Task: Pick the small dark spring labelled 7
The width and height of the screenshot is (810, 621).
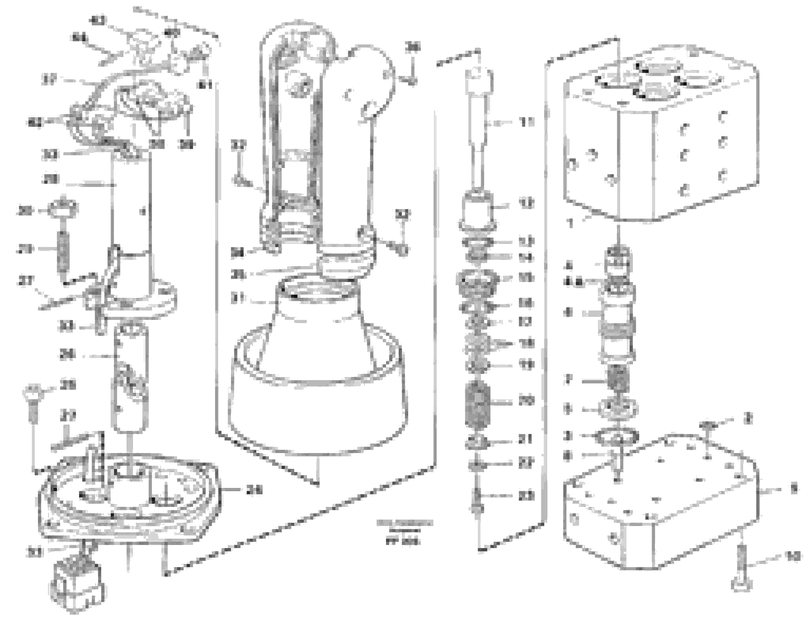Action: [x=620, y=381]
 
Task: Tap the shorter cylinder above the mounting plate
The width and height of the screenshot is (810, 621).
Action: [x=131, y=377]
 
